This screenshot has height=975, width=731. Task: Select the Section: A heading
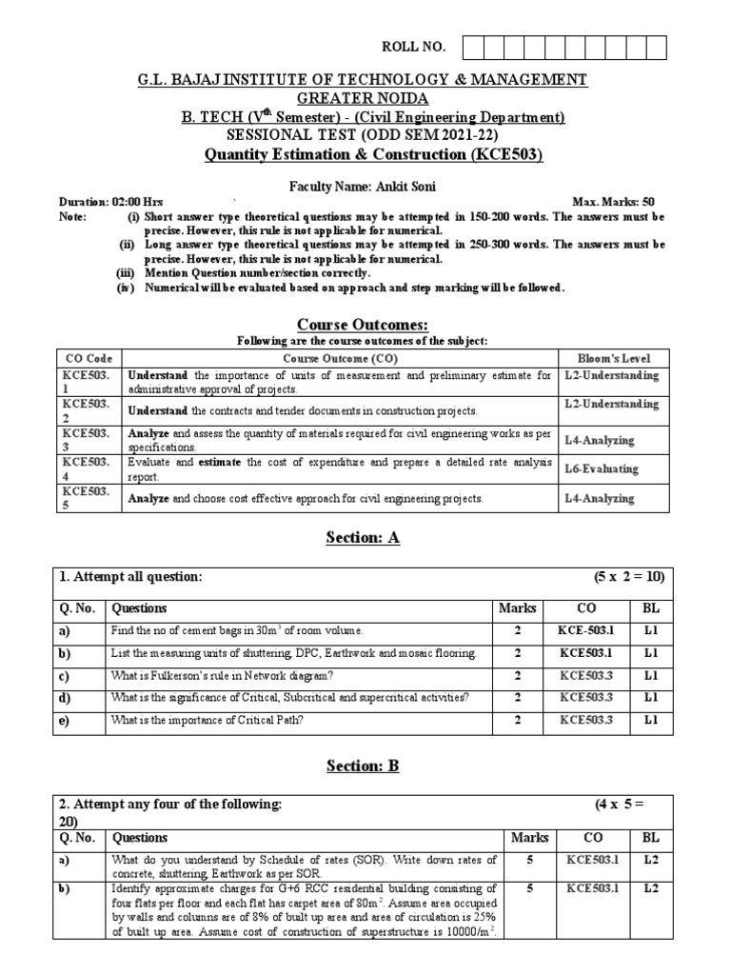(x=365, y=538)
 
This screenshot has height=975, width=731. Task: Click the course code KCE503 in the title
(x=511, y=155)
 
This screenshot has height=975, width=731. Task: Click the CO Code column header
(x=88, y=358)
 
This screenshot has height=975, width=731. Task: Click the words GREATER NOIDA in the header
(x=365, y=98)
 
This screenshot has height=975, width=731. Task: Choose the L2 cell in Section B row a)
(x=651, y=861)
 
